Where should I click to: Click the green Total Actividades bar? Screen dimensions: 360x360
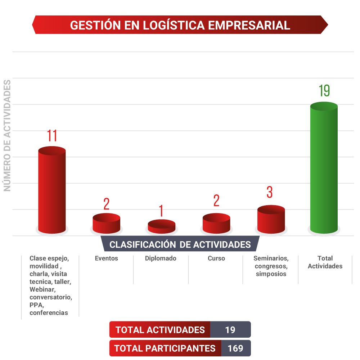324,169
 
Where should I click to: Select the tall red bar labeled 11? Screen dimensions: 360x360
52,191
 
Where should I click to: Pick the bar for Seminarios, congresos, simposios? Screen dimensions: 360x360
271,220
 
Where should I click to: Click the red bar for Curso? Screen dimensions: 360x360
216,224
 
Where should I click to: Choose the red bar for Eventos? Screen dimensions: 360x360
106,224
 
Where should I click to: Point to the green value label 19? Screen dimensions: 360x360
324,91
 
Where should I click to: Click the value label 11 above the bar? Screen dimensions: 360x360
52,136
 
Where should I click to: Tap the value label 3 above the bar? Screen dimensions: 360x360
270,192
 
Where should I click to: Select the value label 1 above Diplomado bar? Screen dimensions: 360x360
161,211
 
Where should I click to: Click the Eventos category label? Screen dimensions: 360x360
106,258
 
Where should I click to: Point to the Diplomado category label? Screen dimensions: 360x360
161,258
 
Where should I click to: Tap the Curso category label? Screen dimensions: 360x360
216,258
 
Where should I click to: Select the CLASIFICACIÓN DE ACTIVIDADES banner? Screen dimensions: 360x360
180,244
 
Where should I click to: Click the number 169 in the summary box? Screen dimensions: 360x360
235,348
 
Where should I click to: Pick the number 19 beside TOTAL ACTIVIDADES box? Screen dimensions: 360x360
230,329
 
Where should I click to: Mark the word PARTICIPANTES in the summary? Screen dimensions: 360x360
181,348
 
